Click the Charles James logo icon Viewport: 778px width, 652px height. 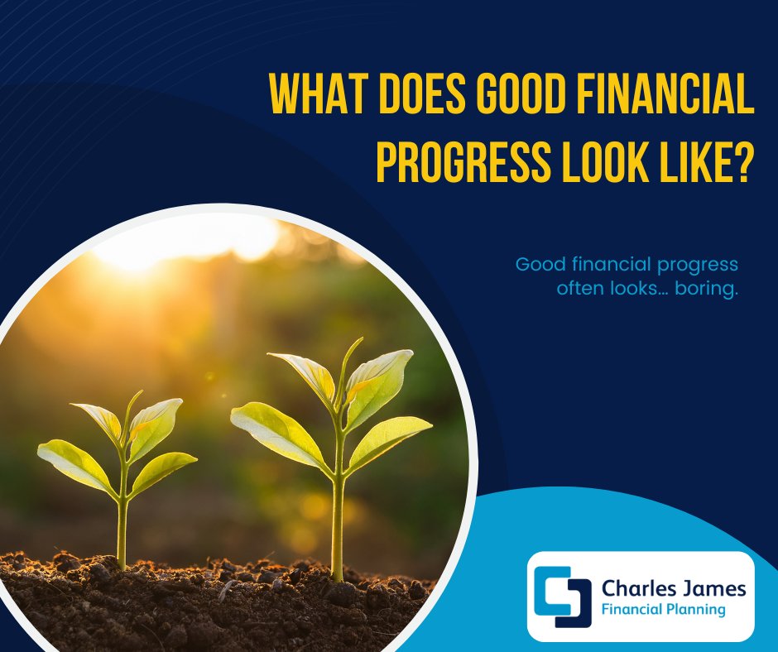pos(563,597)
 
